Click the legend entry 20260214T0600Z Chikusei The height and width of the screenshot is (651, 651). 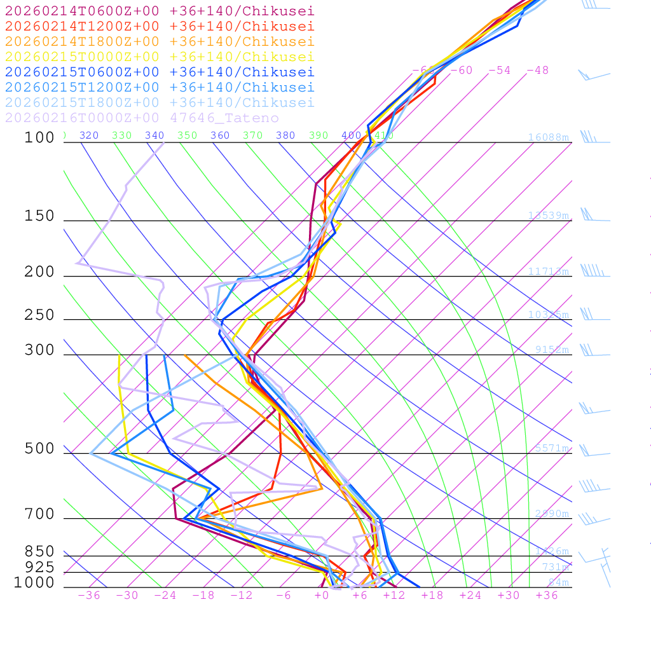(159, 11)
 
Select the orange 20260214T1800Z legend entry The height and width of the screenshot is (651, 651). (159, 41)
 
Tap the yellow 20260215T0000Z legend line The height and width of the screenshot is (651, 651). (159, 57)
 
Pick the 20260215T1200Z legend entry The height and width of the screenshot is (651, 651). (159, 87)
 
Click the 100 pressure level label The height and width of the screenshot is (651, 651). (39, 137)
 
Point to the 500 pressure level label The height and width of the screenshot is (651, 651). (39, 449)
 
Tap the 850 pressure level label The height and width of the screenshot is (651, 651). (39, 552)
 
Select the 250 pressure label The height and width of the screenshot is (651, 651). (39, 315)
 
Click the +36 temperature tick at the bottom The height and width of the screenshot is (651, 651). (546, 595)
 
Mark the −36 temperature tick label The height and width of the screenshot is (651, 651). (88, 595)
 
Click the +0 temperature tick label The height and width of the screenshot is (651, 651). (322, 595)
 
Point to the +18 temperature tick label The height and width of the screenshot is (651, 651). (432, 595)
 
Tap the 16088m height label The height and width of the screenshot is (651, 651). (548, 137)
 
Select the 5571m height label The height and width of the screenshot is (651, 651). (551, 448)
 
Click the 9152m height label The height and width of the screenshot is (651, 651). (551, 349)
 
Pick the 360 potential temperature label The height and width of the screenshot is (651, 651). (219, 135)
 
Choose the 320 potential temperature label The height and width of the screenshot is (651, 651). (88, 135)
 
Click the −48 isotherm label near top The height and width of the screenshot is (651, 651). (537, 70)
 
